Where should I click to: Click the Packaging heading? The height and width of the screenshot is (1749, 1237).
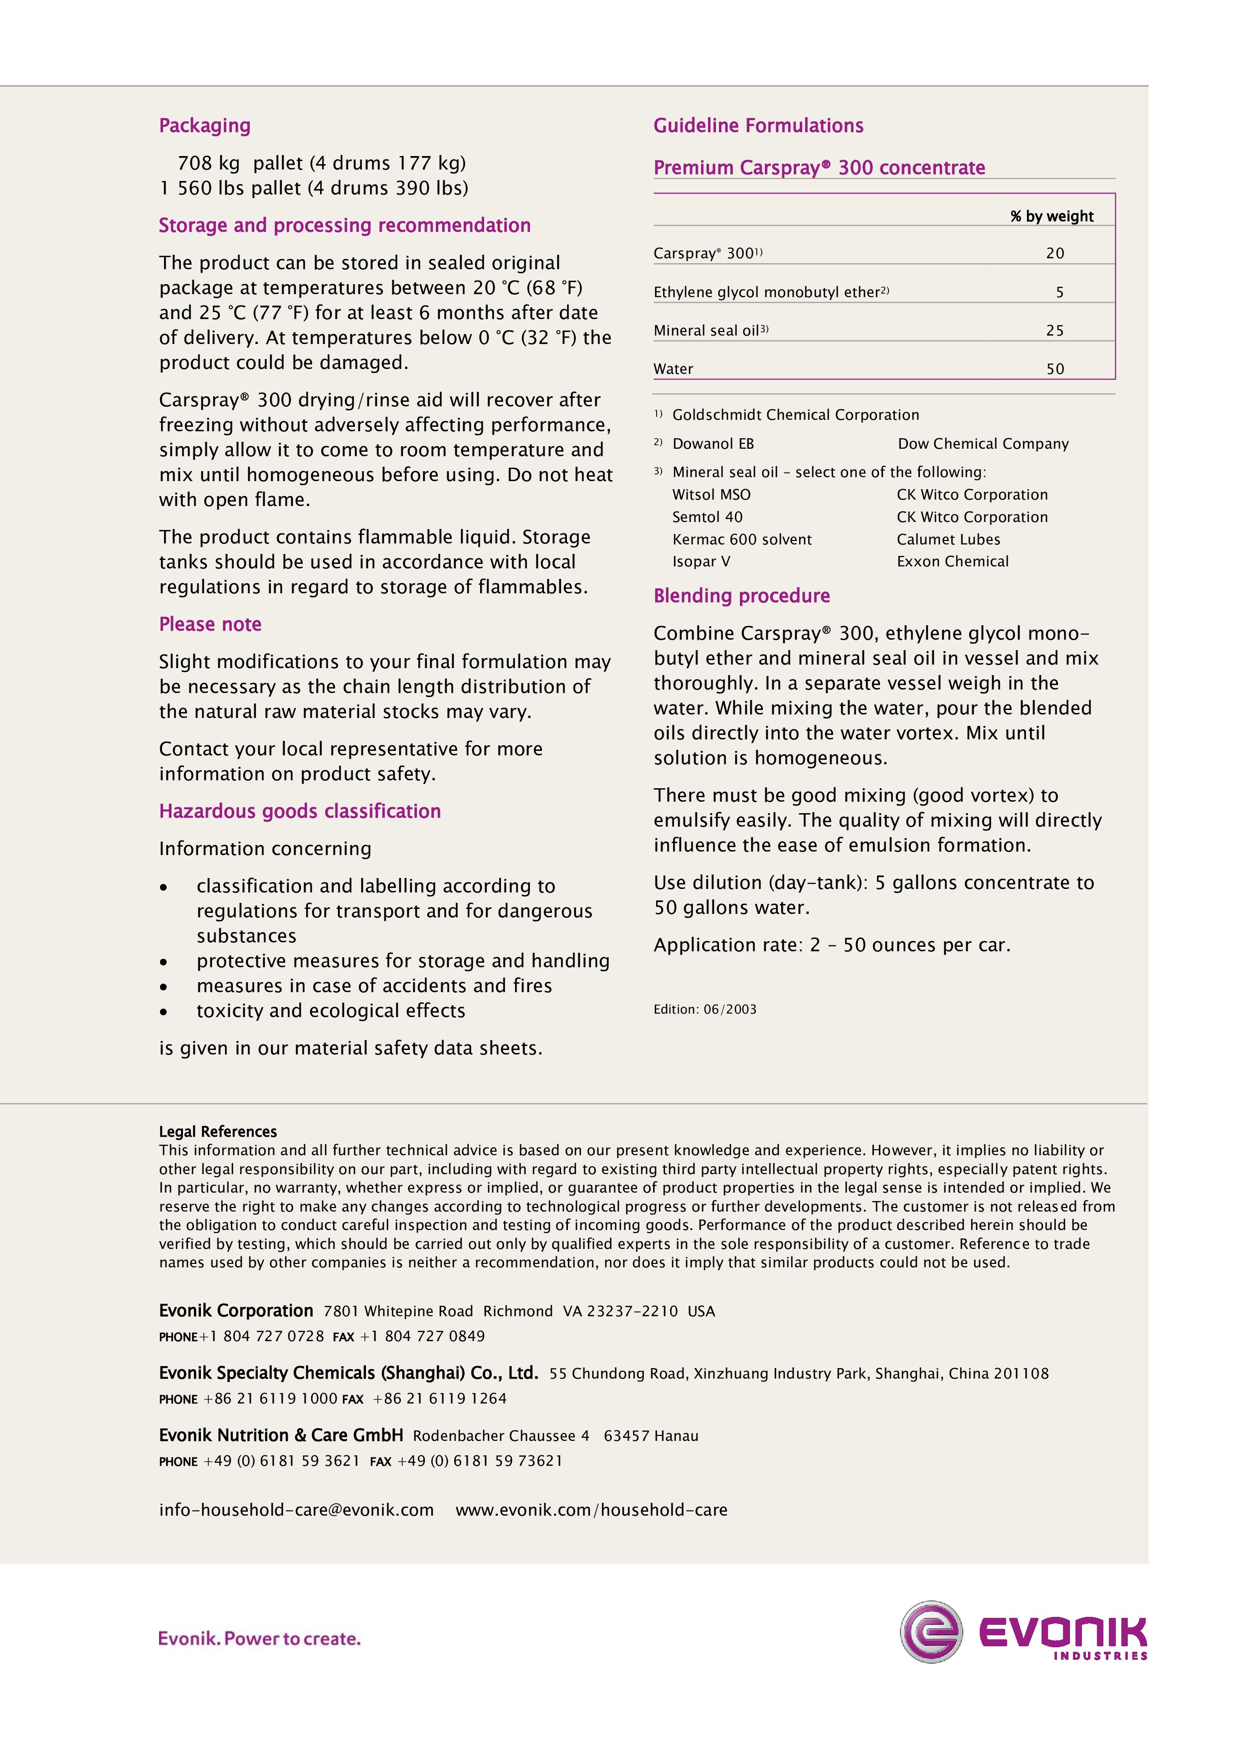pos(204,126)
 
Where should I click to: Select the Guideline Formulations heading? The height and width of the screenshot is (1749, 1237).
pos(758,126)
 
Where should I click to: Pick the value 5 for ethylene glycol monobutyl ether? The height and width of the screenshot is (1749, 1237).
pos(1060,293)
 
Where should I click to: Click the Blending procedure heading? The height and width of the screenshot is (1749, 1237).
pos(741,596)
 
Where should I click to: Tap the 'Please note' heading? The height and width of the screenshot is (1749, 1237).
pos(210,625)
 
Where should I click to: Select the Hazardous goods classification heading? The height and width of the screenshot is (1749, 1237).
pos(299,811)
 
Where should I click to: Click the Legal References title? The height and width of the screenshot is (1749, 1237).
pos(218,1131)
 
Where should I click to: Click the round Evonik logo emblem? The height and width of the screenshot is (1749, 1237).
pos(931,1632)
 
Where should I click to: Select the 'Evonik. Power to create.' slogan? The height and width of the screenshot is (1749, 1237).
pos(259,1638)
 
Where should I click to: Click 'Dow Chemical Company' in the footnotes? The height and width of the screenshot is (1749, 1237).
pos(983,444)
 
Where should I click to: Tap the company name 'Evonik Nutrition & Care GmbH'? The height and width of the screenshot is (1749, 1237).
pos(281,1435)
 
